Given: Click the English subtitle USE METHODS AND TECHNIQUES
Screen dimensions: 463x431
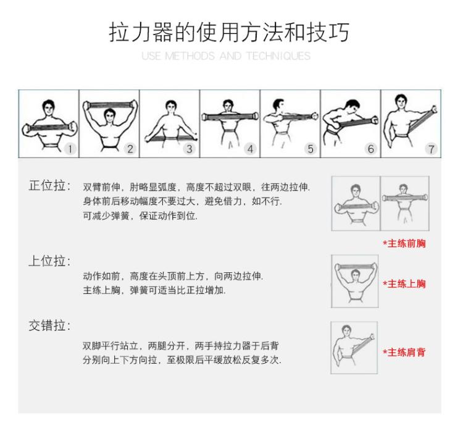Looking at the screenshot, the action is click(x=226, y=56).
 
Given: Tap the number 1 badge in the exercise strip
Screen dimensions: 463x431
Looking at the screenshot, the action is click(x=70, y=149).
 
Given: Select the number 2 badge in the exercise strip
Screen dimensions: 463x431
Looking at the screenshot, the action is click(x=130, y=149).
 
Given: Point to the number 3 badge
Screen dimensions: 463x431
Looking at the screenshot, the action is click(x=190, y=149).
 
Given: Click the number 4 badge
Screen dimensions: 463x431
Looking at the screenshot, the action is click(x=250, y=149).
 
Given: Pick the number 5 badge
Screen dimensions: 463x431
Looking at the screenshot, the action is click(x=311, y=149).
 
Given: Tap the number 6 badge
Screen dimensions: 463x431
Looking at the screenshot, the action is click(x=371, y=149).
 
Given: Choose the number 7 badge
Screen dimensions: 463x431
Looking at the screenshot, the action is click(x=431, y=149).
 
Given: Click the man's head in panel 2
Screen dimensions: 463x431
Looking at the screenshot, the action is click(x=110, y=115).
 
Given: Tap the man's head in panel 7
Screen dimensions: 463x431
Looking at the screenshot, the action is click(x=401, y=102).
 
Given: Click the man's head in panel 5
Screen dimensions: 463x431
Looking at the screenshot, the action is click(x=278, y=106).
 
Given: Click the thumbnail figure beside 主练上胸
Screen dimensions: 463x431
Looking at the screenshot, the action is click(x=354, y=281).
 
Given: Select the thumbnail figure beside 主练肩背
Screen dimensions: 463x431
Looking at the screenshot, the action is click(x=354, y=348).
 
